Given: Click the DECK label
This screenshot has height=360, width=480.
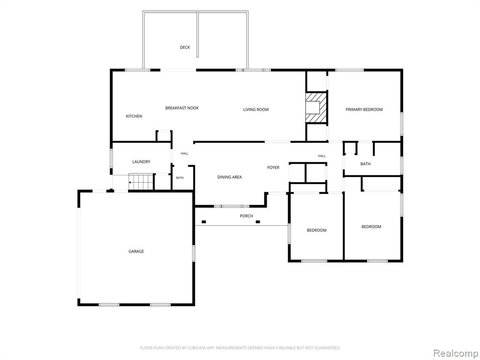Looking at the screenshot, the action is click(x=185, y=47).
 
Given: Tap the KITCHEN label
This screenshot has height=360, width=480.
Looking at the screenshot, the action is click(x=134, y=116).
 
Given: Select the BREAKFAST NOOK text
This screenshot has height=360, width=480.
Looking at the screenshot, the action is click(x=182, y=108).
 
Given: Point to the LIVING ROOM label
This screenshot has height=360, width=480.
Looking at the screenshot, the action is click(x=256, y=110).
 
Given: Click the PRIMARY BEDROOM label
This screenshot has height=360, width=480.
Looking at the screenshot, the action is click(x=364, y=110).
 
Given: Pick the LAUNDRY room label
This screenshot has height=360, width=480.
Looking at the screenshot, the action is click(x=141, y=162).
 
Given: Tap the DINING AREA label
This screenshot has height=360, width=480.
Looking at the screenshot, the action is click(x=230, y=177).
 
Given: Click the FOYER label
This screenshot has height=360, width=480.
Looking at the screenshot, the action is click(x=273, y=168).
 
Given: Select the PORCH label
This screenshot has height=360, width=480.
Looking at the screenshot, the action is click(x=247, y=216).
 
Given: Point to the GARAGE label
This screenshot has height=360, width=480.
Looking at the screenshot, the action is click(x=136, y=252).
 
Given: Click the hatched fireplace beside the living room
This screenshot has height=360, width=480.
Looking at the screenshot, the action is click(x=316, y=107).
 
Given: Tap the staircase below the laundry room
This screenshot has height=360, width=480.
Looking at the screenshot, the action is click(x=141, y=182).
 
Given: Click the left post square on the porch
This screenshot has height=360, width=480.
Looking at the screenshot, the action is click(x=204, y=222).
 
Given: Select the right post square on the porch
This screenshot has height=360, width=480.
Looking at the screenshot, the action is click(x=258, y=222).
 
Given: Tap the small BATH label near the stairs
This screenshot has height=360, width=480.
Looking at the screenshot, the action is click(x=180, y=178).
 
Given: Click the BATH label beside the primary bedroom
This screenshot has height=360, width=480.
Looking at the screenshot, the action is click(x=366, y=164).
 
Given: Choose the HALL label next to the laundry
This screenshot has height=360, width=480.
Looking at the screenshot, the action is click(x=184, y=154).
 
